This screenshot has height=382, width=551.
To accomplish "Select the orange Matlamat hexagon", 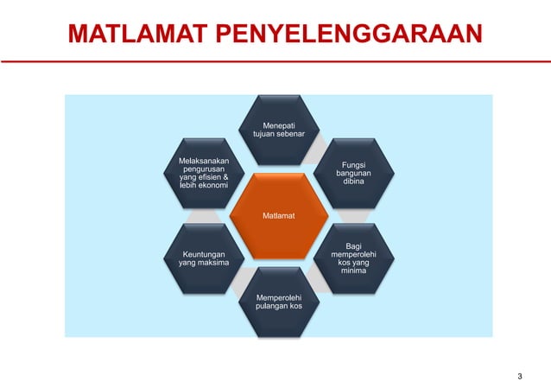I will point(276,215).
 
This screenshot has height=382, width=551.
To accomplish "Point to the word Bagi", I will point(353,245).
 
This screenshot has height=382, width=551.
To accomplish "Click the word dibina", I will point(352,181).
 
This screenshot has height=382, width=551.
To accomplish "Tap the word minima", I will point(353,271).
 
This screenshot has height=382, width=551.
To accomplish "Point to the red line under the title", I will point(275,62).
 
